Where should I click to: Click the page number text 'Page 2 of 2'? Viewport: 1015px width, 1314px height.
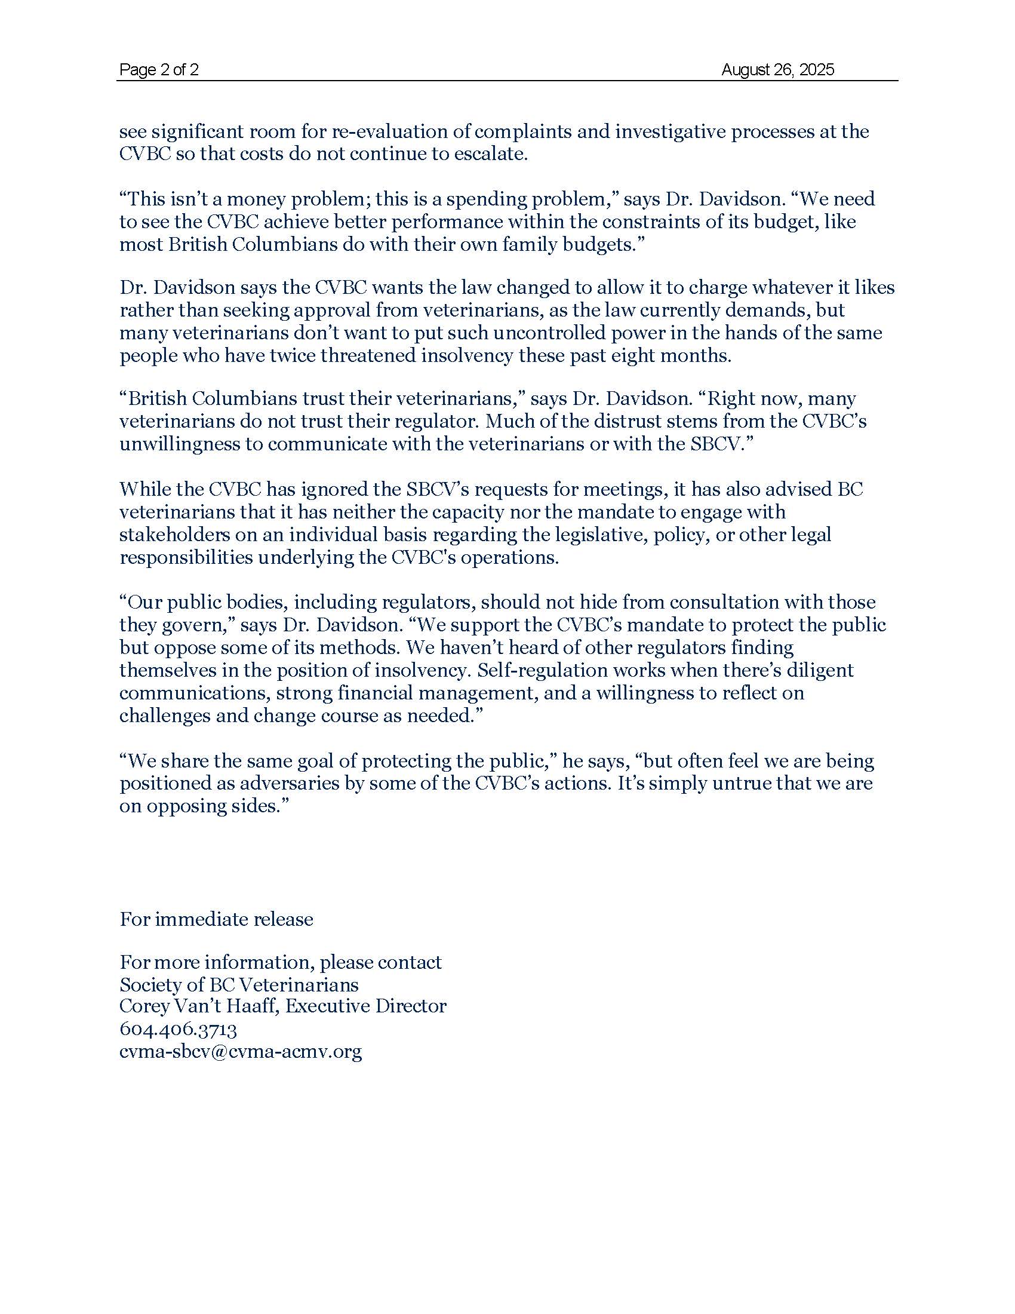click(159, 70)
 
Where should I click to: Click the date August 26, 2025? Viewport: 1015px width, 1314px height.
click(777, 70)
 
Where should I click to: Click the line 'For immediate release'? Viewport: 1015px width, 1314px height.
click(216, 919)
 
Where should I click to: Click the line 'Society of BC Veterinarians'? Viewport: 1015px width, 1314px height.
click(239, 984)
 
